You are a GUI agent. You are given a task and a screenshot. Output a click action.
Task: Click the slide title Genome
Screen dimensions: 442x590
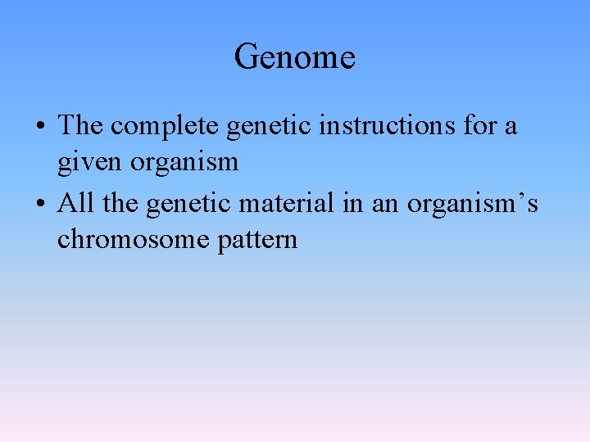294,57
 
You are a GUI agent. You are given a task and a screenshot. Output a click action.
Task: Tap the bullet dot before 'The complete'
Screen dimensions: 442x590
40,128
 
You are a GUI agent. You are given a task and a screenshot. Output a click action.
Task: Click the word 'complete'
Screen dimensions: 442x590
165,127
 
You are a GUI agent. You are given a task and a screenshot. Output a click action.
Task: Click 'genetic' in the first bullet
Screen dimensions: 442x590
265,127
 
